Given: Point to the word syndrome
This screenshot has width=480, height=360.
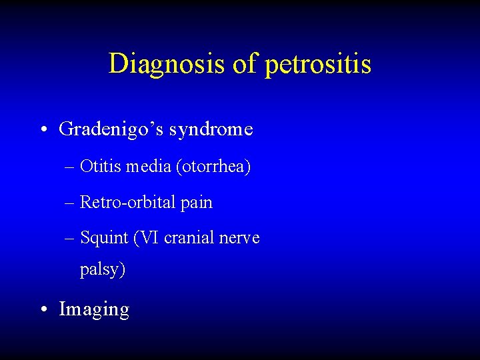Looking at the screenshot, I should [211, 129].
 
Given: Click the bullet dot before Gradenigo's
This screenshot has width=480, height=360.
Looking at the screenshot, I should [43, 129].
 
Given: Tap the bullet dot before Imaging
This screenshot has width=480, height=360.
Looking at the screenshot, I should [43, 309].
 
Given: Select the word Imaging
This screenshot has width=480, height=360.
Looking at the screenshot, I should [94, 310].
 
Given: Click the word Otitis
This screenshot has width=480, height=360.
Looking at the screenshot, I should [97, 167].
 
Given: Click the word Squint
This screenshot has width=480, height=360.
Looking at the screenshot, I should [104, 238].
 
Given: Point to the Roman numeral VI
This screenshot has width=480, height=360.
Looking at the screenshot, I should [149, 237].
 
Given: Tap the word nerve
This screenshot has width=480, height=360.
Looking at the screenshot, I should [241, 238].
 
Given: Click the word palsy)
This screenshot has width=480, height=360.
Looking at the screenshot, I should [103, 271].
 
